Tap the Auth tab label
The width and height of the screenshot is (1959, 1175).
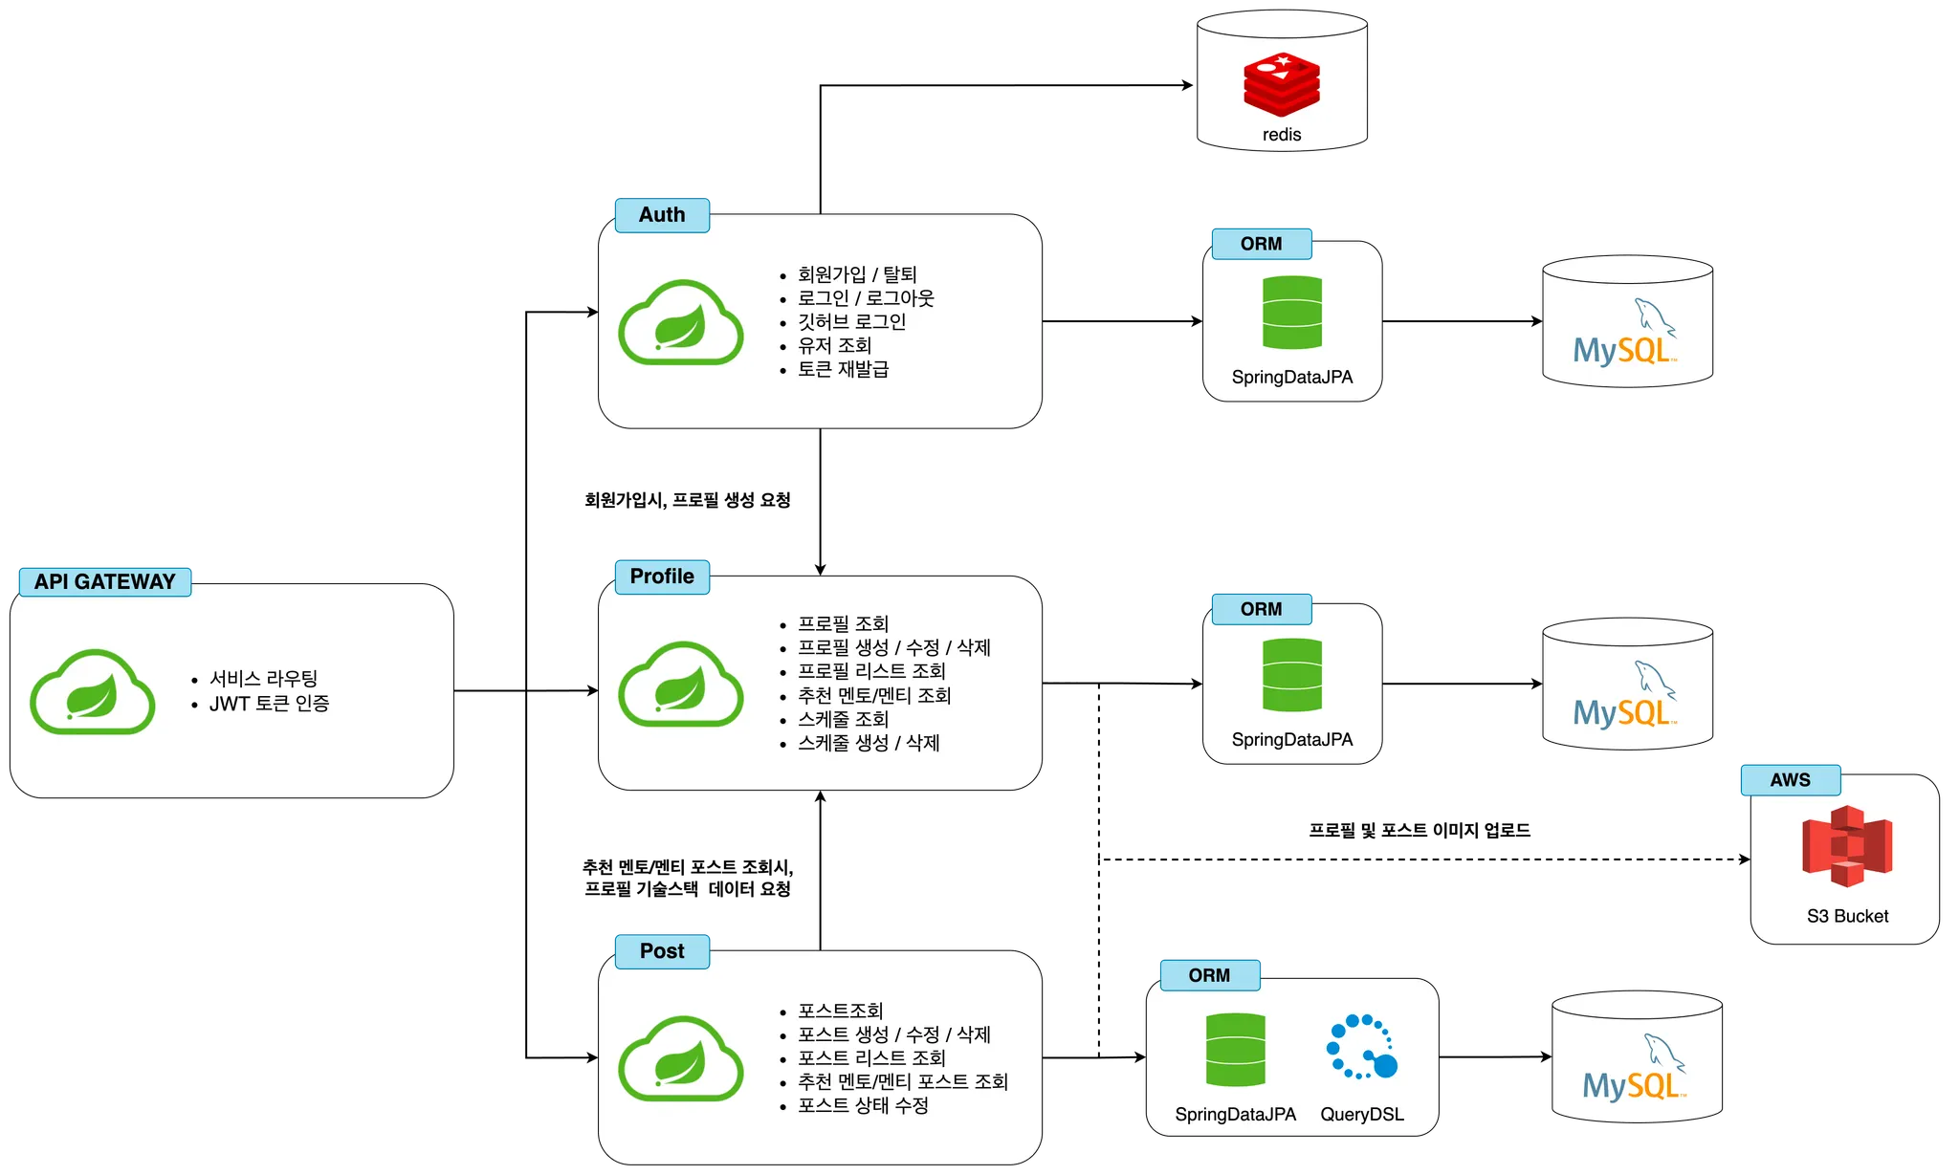click(662, 215)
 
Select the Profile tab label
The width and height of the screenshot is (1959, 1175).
click(662, 577)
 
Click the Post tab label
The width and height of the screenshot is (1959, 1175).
click(662, 951)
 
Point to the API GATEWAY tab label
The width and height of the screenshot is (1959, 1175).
click(104, 581)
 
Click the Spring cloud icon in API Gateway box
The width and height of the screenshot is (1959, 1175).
click(93, 691)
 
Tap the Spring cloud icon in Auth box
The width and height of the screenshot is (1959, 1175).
click(680, 322)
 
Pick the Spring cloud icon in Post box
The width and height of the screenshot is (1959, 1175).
click(680, 1059)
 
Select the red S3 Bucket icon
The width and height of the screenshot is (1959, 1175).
click(1847, 846)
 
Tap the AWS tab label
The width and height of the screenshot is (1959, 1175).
click(1790, 780)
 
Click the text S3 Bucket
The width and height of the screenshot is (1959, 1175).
click(1847, 916)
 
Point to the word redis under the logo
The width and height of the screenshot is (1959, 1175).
click(1282, 135)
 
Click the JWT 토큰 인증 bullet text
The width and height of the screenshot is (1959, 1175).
click(270, 704)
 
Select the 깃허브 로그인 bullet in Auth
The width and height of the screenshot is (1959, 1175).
click(851, 322)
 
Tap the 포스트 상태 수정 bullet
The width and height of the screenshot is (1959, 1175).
click(863, 1105)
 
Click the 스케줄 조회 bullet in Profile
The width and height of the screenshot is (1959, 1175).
click(844, 719)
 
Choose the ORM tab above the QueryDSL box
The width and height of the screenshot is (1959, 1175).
click(1209, 975)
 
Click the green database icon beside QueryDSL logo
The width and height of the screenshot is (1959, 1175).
click(1236, 1050)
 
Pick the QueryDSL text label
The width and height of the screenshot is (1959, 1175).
click(1362, 1115)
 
